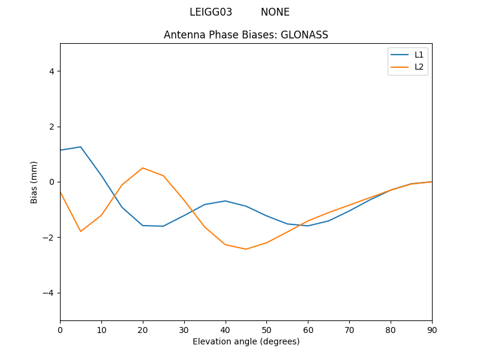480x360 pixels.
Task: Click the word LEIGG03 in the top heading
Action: [211, 12]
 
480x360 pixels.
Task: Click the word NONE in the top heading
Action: [275, 12]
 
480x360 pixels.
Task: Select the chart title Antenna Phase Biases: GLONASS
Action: [246, 35]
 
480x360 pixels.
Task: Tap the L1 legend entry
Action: [419, 55]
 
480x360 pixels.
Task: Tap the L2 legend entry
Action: [419, 67]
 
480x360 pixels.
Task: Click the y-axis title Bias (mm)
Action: [34, 182]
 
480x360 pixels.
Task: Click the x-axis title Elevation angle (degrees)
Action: [246, 341]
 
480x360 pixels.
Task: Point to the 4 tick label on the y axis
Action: [51, 71]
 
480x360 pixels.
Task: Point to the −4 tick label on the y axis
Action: [49, 293]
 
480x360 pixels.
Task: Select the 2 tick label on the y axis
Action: [51, 127]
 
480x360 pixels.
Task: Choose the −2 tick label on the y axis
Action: [49, 238]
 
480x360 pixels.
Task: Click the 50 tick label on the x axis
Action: [266, 329]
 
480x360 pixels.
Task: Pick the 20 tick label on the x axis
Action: [143, 329]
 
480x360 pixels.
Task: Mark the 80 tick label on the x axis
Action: [391, 329]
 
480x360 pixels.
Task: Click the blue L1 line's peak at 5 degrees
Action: [80, 146]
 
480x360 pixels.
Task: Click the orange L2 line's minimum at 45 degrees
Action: [246, 249]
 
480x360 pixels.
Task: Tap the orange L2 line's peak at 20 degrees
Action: [143, 168]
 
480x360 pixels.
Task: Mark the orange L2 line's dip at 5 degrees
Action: [80, 232]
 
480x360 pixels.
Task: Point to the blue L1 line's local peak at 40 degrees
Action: [226, 201]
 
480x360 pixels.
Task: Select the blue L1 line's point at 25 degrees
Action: [163, 226]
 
